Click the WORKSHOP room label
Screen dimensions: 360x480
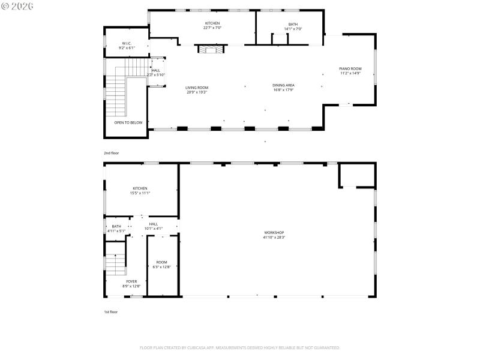274,232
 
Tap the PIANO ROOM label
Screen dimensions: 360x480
350,68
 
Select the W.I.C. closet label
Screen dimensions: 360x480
127,43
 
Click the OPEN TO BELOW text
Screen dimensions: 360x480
128,122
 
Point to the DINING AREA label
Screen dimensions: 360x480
283,85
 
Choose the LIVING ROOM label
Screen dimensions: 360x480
197,88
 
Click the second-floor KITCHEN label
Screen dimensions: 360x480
212,23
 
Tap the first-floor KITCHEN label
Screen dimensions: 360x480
139,188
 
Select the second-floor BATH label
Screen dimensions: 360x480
293,24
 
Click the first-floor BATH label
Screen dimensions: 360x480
116,226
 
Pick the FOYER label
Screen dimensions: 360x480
131,281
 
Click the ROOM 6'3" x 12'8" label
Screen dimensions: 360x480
162,262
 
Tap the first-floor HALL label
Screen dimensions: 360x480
154,224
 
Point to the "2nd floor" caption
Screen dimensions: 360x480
111,153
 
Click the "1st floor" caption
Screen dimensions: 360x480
110,312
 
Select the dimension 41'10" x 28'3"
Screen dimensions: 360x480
274,237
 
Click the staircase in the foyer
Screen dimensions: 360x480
115,262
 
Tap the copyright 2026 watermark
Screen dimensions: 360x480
17,5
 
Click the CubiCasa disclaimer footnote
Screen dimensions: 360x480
239,347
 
